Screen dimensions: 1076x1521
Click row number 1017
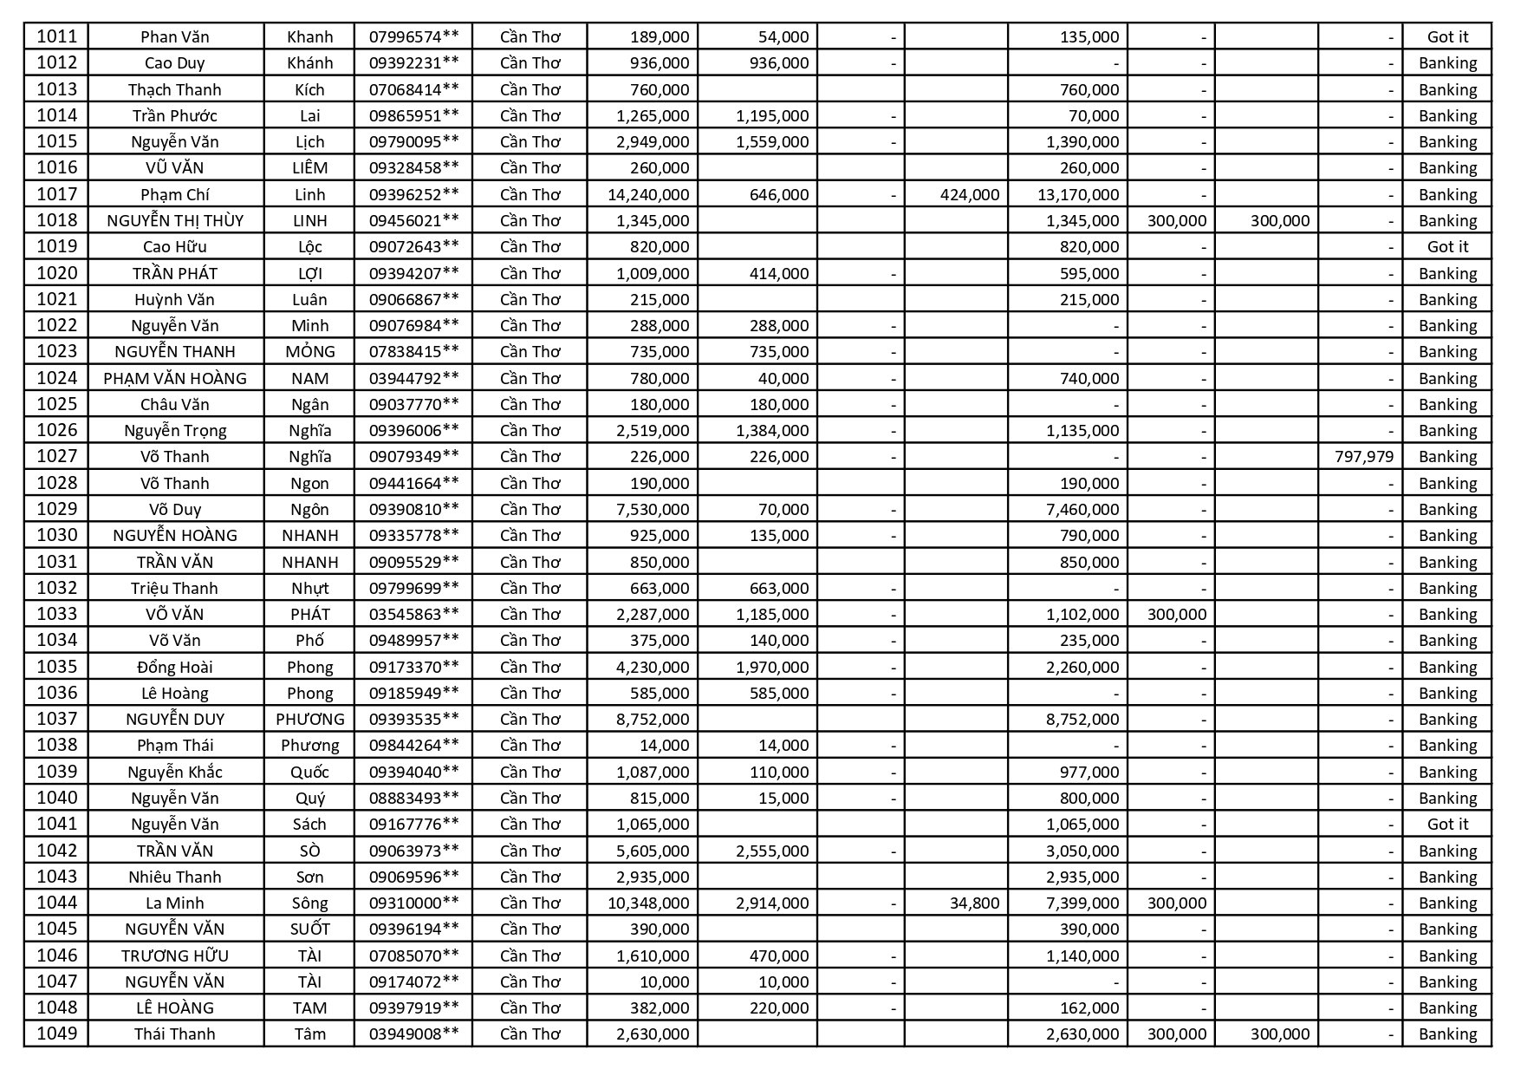(x=56, y=194)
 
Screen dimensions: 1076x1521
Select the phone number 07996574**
(x=413, y=36)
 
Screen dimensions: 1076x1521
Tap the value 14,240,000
(x=648, y=194)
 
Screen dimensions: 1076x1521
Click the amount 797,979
(x=1364, y=456)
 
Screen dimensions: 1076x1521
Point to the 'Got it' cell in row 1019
(x=1447, y=246)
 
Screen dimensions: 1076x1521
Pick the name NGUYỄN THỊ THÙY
(x=175, y=220)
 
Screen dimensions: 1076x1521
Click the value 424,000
(x=969, y=194)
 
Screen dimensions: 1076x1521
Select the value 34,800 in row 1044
(x=974, y=903)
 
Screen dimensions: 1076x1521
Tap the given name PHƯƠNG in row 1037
(x=309, y=719)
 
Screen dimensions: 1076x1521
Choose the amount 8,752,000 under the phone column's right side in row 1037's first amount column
(x=653, y=719)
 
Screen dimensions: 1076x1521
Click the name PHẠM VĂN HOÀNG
(x=175, y=378)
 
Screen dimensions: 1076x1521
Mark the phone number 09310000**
(x=413, y=903)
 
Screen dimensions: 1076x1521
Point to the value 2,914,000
(x=772, y=903)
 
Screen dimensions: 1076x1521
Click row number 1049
(x=56, y=1034)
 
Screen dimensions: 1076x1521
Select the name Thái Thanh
(x=175, y=1034)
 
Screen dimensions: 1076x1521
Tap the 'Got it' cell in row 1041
(x=1447, y=824)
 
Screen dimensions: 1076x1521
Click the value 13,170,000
(x=1078, y=194)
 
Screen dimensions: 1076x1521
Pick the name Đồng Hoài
(x=175, y=667)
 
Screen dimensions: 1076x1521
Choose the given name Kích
(x=309, y=89)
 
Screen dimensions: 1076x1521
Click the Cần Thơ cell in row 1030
(x=530, y=535)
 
